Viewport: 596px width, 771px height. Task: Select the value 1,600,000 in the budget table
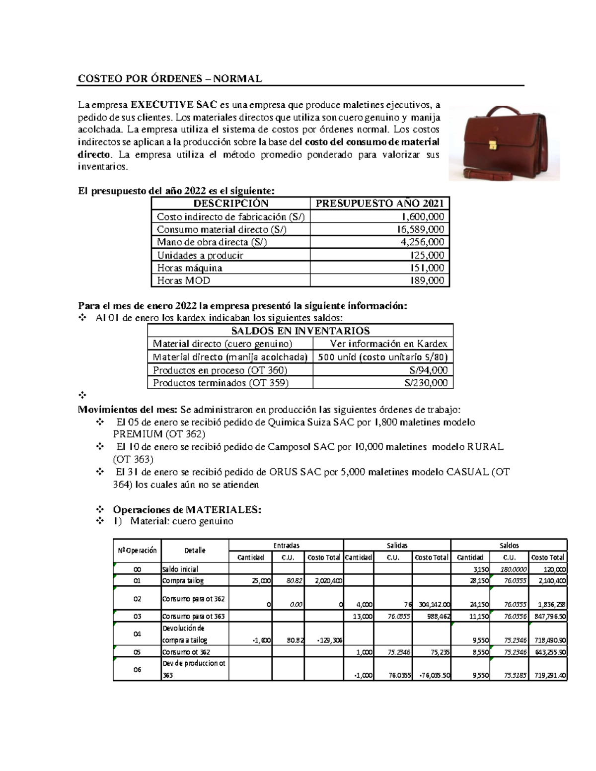point(423,216)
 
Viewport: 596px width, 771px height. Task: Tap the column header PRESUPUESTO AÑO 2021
point(379,203)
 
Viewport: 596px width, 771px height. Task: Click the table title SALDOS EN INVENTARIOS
point(300,331)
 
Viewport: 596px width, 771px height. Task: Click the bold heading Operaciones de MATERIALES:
point(187,510)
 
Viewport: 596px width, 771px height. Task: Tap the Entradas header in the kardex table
point(286,545)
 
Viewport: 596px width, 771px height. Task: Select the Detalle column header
point(195,551)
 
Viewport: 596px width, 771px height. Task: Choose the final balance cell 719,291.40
point(548,676)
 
